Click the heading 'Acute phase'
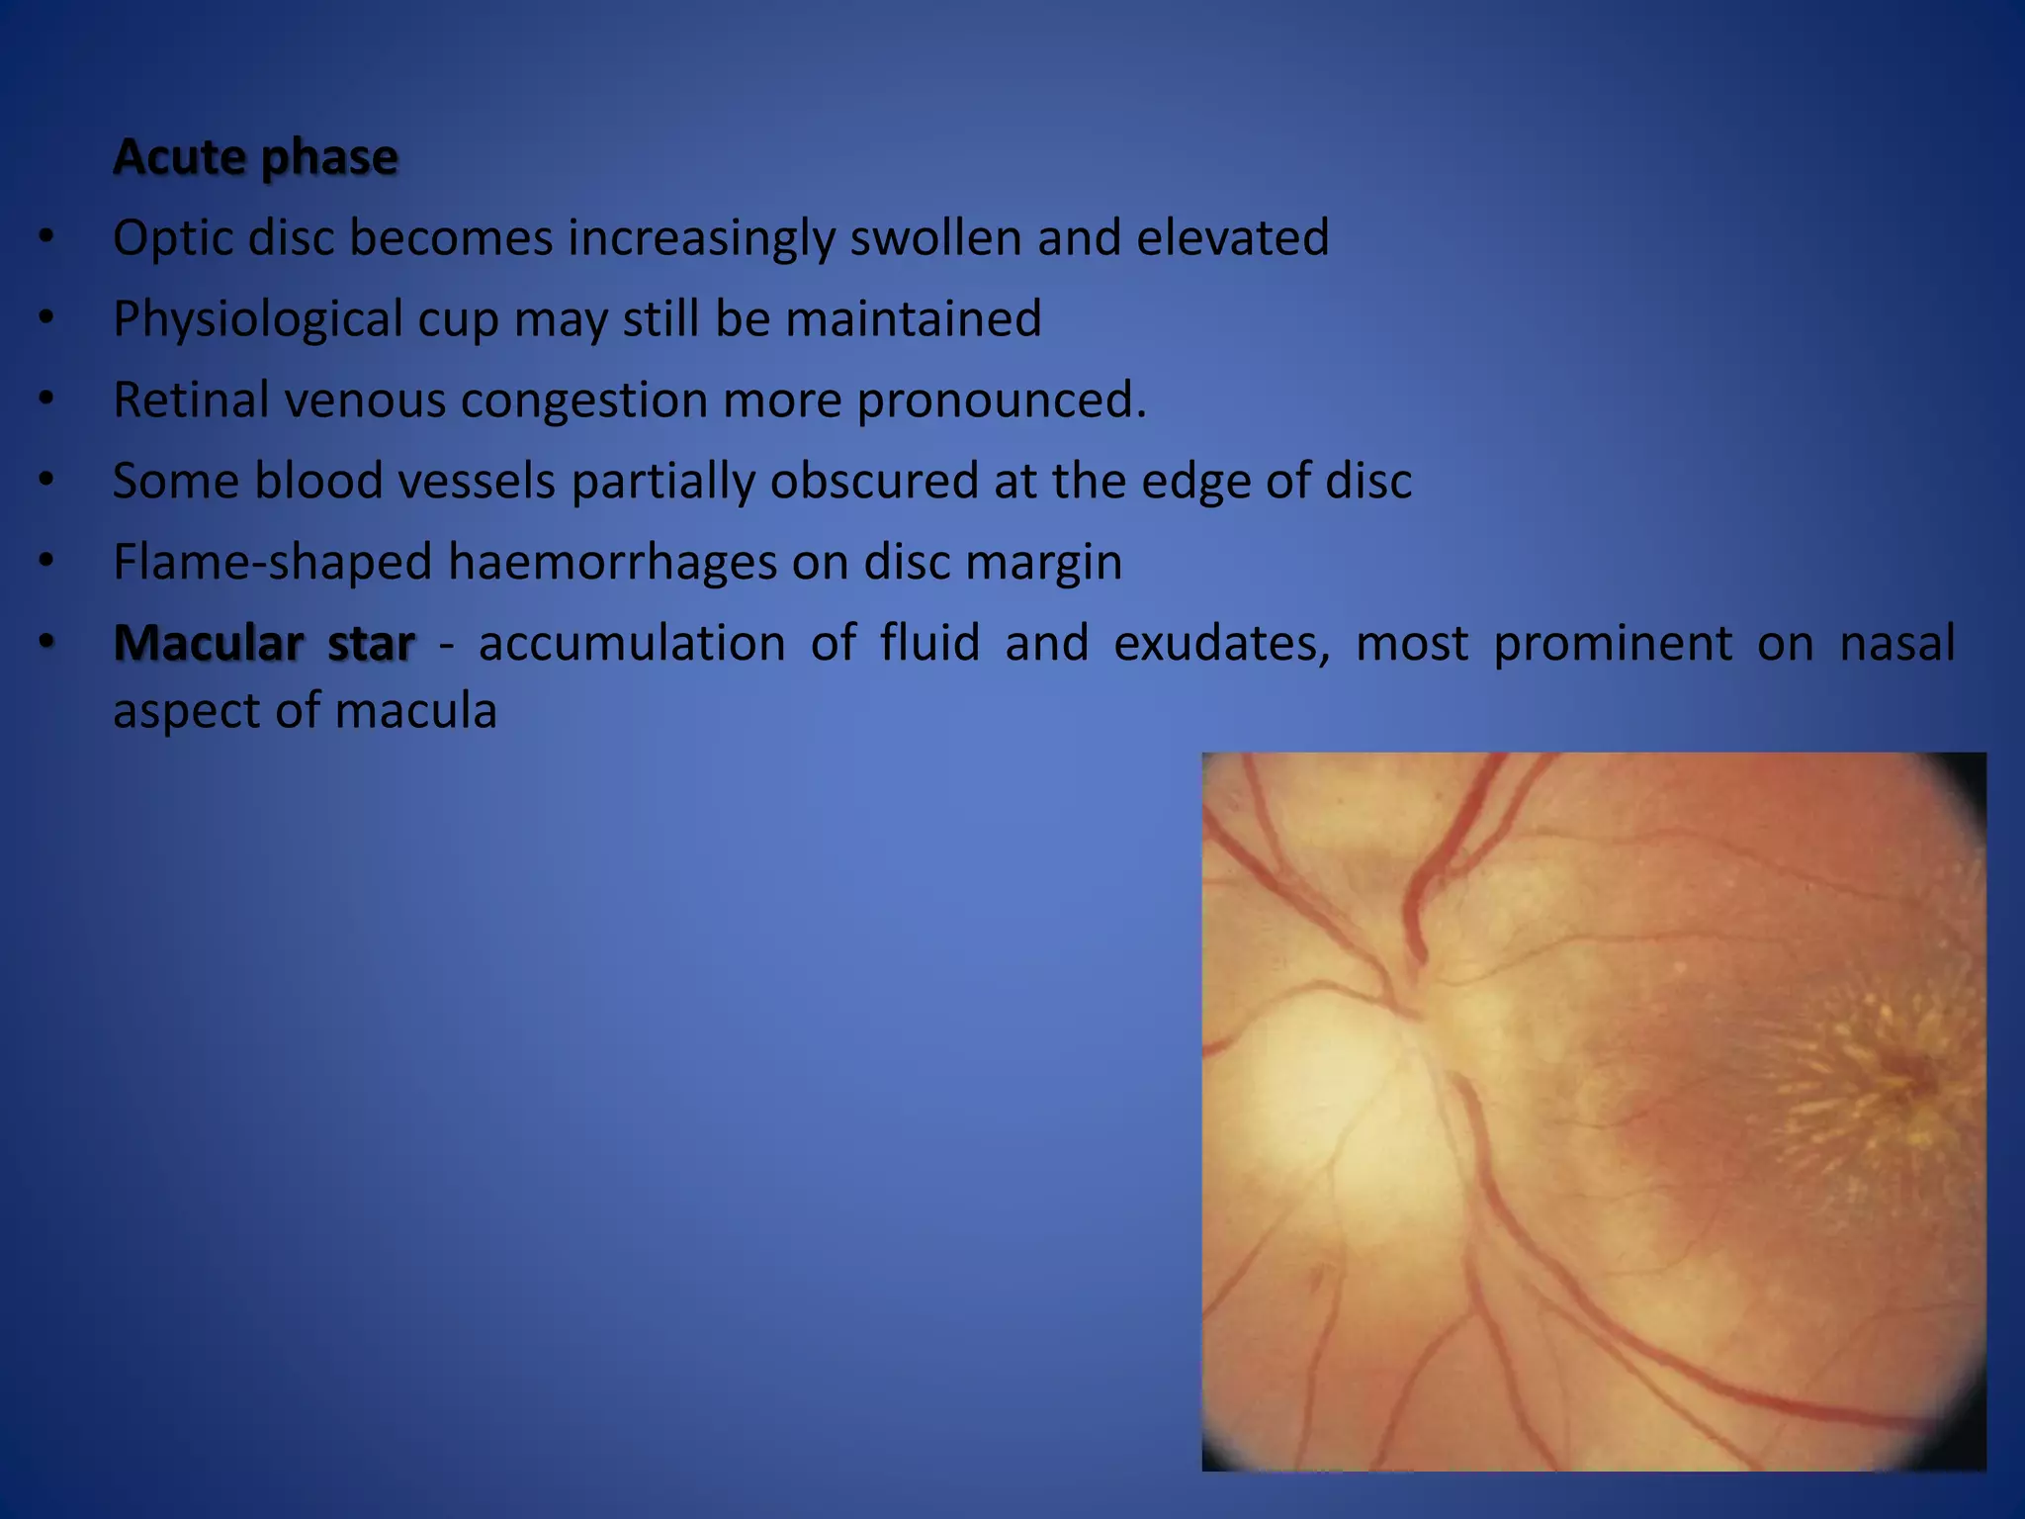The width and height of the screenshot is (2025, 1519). [x=255, y=156]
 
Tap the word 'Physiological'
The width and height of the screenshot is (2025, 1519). [x=258, y=318]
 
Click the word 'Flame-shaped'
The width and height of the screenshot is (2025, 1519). [x=272, y=562]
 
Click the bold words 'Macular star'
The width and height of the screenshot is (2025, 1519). [x=263, y=643]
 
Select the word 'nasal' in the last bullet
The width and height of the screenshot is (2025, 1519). [x=1896, y=643]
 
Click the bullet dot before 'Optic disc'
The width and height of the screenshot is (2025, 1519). [x=45, y=237]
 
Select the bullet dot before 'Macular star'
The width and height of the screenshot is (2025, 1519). [x=45, y=643]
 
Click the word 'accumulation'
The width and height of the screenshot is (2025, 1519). [x=632, y=643]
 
